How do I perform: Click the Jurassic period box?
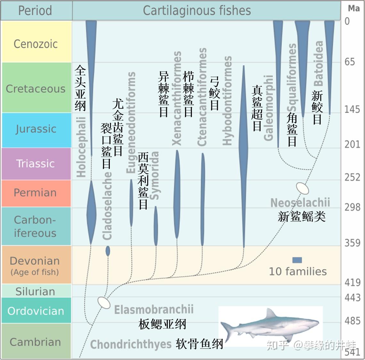click(36, 129)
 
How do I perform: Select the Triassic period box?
click(36, 164)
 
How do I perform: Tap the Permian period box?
click(36, 193)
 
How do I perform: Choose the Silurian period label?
click(35, 291)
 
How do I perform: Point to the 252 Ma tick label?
click(352, 177)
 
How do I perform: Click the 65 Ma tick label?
click(350, 62)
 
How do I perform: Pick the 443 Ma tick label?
click(352, 298)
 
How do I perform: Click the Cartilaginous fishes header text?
click(197, 11)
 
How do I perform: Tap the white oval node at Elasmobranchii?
click(104, 302)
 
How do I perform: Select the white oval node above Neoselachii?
click(302, 188)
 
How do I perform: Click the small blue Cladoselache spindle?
click(108, 251)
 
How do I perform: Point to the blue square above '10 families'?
click(297, 260)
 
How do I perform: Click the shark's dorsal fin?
click(271, 314)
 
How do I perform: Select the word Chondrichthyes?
click(131, 344)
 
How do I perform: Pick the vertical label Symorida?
click(154, 175)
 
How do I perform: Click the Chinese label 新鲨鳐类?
click(302, 217)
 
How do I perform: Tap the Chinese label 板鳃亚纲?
click(162, 324)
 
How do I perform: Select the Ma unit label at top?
click(353, 9)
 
